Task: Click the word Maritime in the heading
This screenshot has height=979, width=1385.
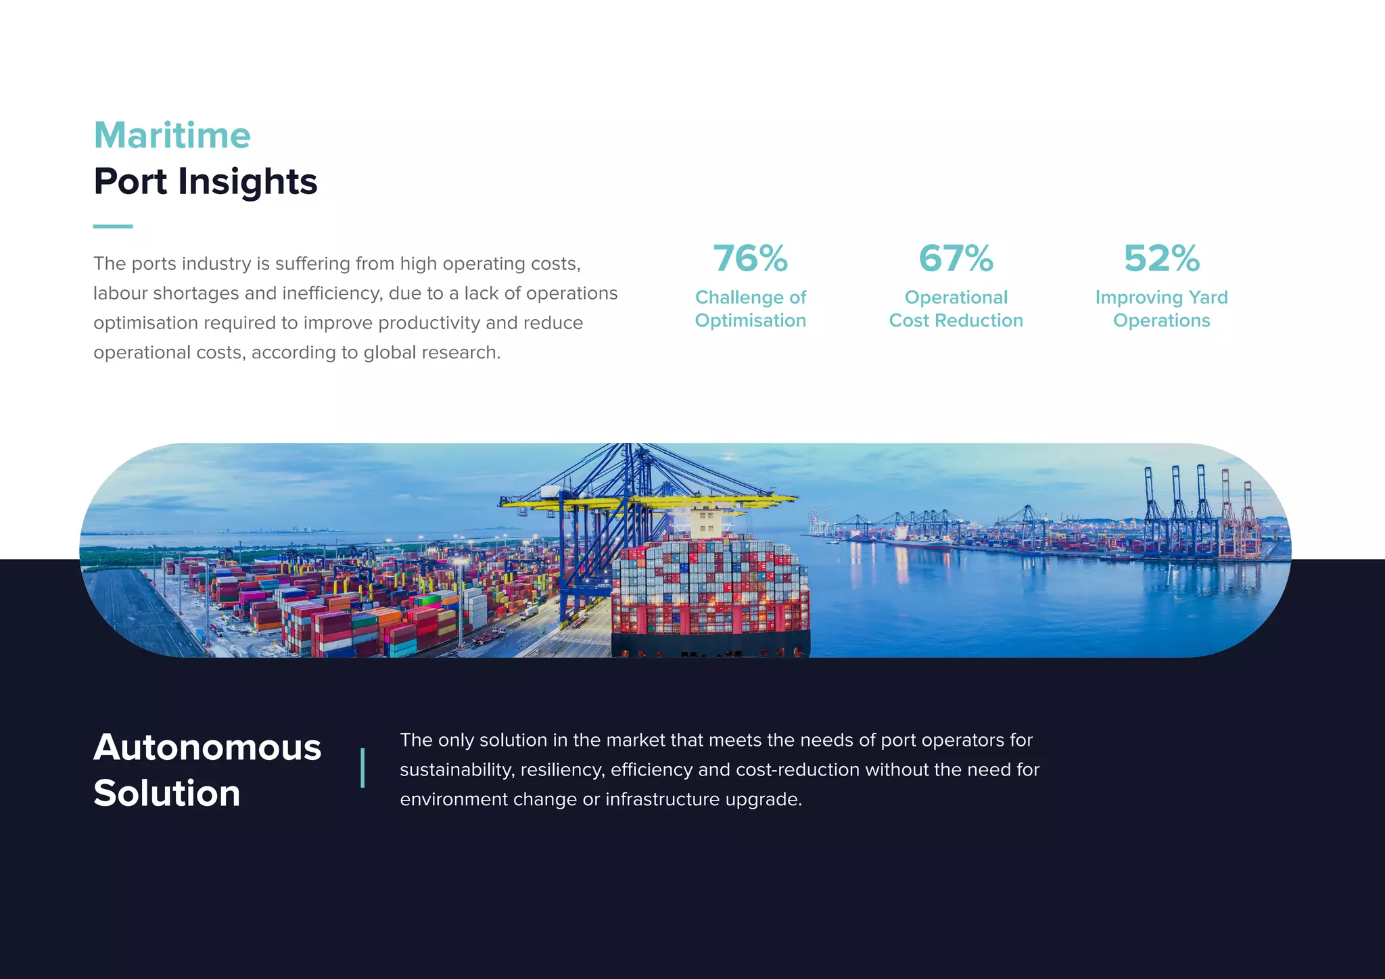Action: (x=172, y=135)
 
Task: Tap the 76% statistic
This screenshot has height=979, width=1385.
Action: (x=750, y=258)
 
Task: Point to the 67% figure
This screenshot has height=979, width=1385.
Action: (x=956, y=258)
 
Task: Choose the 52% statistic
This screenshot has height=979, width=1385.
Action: (x=1161, y=258)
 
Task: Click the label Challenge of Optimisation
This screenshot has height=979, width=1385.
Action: (x=750, y=309)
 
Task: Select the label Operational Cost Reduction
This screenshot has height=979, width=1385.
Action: (x=956, y=309)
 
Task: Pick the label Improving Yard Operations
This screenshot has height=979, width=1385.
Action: (x=1161, y=309)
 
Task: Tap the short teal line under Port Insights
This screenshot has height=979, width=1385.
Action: (x=113, y=226)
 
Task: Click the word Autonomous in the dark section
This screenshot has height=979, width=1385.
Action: (x=207, y=747)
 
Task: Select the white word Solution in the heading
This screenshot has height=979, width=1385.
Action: (x=167, y=793)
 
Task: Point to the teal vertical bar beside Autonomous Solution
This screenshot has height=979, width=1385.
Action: (x=363, y=767)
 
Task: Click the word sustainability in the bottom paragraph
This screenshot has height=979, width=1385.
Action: (x=456, y=770)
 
